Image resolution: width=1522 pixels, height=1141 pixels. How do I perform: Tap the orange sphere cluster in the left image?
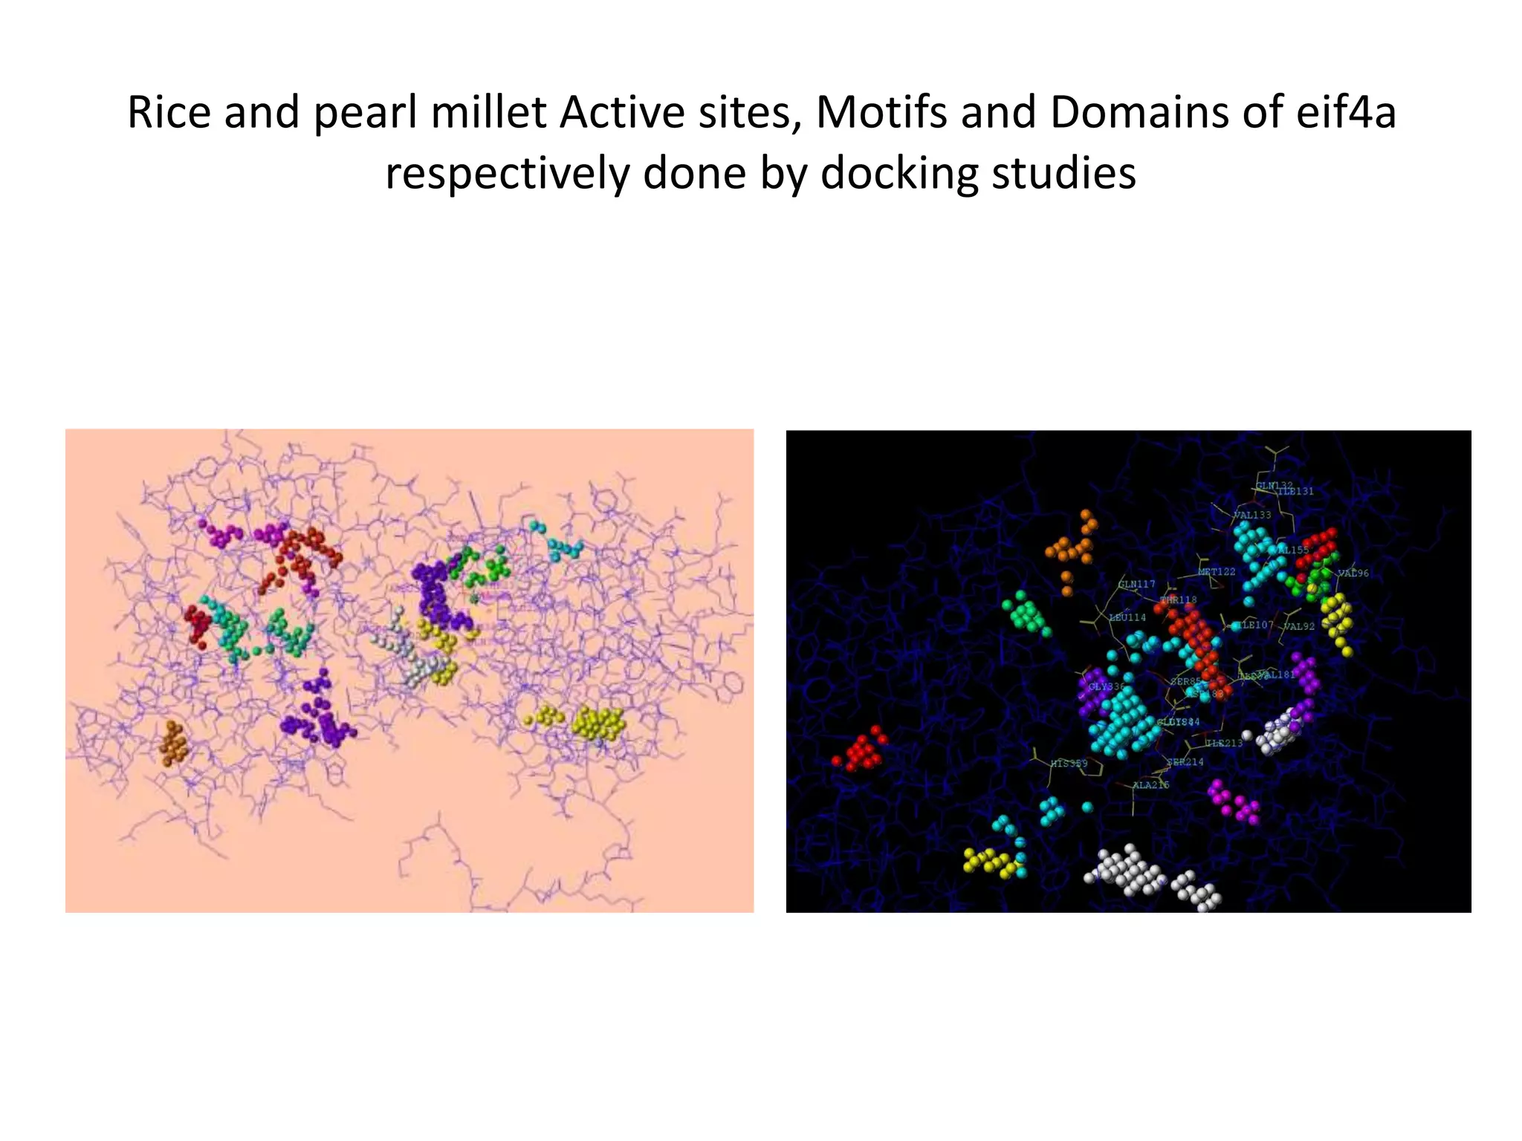(x=174, y=742)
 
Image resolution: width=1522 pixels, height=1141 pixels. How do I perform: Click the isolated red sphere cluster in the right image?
(x=861, y=750)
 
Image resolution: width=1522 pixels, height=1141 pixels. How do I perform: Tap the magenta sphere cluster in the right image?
(x=1234, y=803)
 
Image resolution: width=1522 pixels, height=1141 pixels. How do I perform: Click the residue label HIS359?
(x=1068, y=764)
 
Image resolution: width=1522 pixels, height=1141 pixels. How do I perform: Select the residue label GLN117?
(x=1137, y=585)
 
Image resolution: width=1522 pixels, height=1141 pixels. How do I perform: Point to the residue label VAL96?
(x=1353, y=573)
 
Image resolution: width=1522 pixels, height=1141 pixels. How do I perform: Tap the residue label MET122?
(x=1217, y=571)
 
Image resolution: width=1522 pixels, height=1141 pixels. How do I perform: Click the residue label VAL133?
(x=1252, y=515)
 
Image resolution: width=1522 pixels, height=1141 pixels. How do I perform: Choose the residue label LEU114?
(x=1127, y=617)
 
